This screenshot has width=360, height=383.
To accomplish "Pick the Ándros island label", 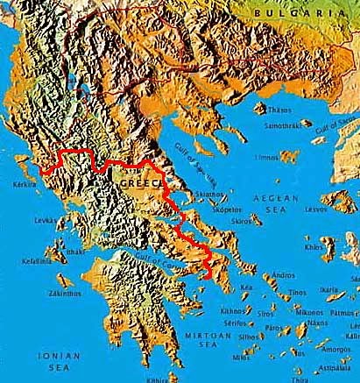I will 284,276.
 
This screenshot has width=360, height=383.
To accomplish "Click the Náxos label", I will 317,323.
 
